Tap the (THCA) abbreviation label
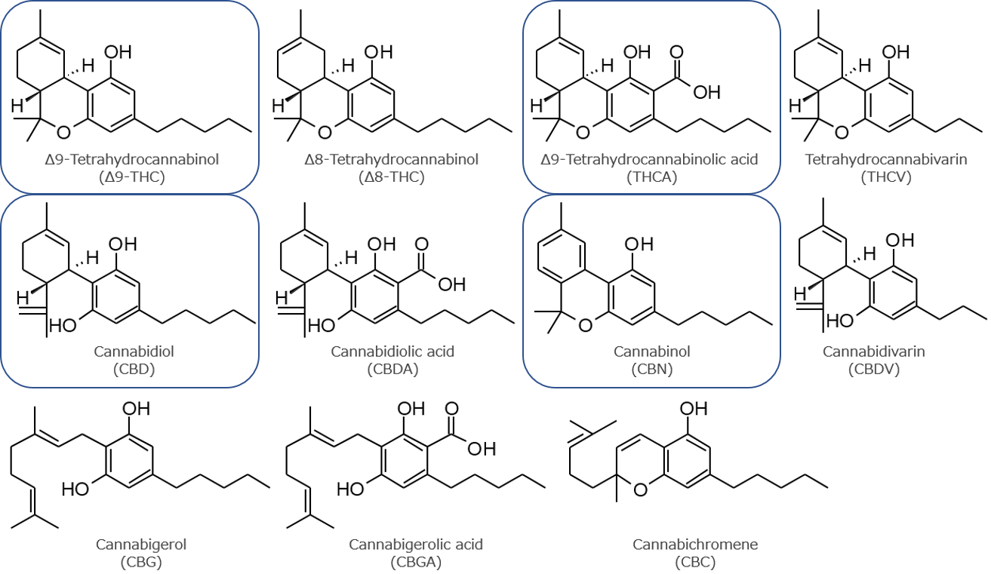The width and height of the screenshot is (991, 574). pos(652,177)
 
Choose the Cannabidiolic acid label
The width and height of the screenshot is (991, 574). pos(392,351)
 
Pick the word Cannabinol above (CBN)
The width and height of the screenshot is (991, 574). pos(652,351)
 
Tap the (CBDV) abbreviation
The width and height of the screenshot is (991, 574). pos(873,369)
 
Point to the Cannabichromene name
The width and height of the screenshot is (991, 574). pos(695,544)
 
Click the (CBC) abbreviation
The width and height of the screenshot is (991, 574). pos(695,561)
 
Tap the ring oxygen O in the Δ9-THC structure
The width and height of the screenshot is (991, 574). pos(64,133)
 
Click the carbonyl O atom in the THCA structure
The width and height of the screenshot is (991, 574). pos(676,53)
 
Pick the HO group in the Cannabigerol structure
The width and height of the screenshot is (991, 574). pos(75,489)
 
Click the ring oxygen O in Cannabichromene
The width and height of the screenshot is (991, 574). pos(641,489)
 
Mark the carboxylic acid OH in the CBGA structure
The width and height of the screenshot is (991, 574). pos(481,449)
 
